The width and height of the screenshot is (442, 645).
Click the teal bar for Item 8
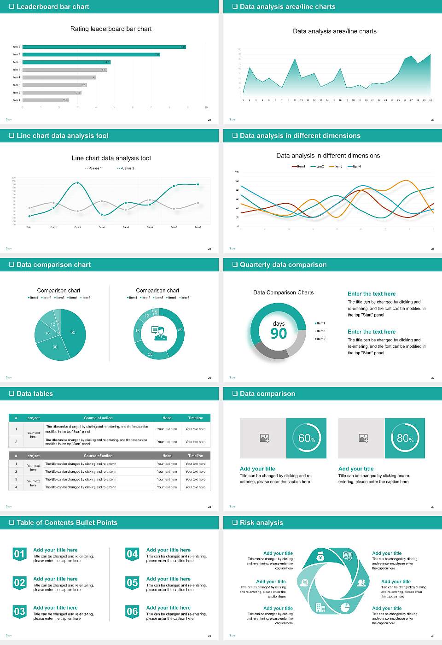[x=104, y=47]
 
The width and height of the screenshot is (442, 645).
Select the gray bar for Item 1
[x=45, y=100]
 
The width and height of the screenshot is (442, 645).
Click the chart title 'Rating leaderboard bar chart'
[x=111, y=29]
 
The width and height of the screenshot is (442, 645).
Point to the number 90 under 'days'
[x=279, y=334]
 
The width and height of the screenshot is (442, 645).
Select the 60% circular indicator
[x=307, y=438]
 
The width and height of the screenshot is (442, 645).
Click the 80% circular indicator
[x=405, y=438]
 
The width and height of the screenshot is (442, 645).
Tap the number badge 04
[x=132, y=554]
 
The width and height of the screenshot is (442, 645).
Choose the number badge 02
[x=19, y=583]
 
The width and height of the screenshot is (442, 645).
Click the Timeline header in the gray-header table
[x=195, y=456]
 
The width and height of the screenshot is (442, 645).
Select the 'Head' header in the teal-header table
[x=167, y=418]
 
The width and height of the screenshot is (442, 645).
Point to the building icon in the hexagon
[x=320, y=608]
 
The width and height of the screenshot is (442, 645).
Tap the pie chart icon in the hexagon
[x=345, y=608]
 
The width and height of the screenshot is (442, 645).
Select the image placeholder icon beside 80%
[x=363, y=438]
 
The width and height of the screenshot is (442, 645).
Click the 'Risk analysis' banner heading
[x=261, y=523]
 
